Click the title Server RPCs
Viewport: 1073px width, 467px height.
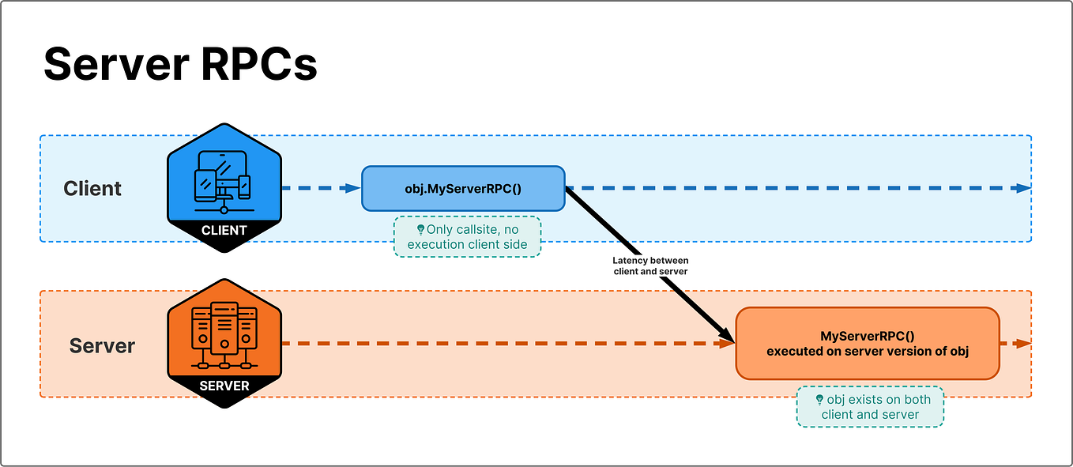click(180, 63)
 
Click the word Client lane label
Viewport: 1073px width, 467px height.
click(92, 189)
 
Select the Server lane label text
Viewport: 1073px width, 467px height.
click(102, 346)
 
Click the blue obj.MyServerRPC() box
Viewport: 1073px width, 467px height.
click(463, 188)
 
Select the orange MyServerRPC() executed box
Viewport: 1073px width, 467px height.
click(867, 343)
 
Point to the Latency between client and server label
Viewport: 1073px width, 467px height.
click(650, 266)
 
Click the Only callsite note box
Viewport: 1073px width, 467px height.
click(467, 237)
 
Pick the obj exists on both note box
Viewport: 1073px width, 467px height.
click(870, 407)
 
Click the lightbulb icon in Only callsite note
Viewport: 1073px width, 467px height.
click(420, 230)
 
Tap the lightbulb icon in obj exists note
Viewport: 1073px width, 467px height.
click(819, 400)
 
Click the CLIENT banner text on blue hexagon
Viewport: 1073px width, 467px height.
click(224, 231)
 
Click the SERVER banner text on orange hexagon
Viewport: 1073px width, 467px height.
click(224, 386)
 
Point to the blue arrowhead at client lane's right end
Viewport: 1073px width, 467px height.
click(1024, 188)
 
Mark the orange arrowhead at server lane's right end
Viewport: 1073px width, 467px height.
click(1024, 344)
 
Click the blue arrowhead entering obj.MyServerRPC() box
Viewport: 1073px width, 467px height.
click(353, 188)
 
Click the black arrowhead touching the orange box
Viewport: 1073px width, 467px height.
click(725, 338)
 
